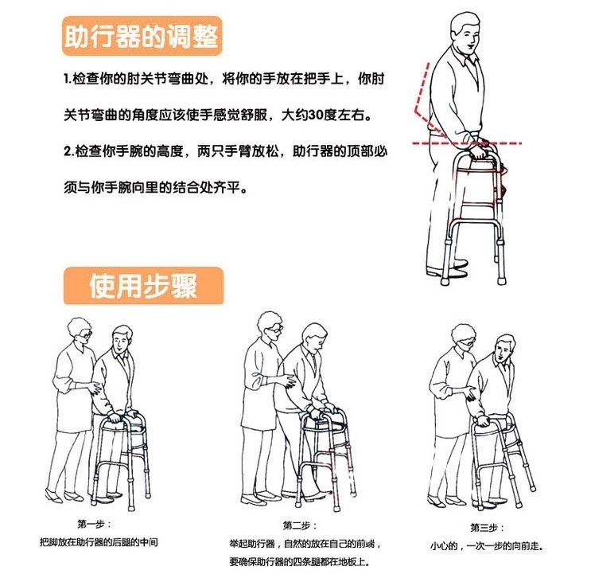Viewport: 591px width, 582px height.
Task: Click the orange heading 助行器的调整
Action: click(142, 36)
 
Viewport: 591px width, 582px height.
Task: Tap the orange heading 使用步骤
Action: click(143, 286)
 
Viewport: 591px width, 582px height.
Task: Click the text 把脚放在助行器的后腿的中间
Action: click(99, 542)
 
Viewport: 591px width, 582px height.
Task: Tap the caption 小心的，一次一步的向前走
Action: click(487, 546)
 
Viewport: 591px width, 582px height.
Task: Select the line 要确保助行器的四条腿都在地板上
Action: click(299, 561)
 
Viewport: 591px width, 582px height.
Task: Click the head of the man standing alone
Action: click(466, 33)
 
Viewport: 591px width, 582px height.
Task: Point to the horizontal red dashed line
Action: click(467, 143)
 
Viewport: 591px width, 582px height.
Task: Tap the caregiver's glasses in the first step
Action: click(86, 334)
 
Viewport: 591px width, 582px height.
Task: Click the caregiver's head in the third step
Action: click(464, 338)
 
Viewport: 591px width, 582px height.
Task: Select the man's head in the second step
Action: click(315, 338)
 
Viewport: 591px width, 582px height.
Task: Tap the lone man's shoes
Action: click(448, 268)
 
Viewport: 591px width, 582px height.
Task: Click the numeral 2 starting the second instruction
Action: click(67, 151)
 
